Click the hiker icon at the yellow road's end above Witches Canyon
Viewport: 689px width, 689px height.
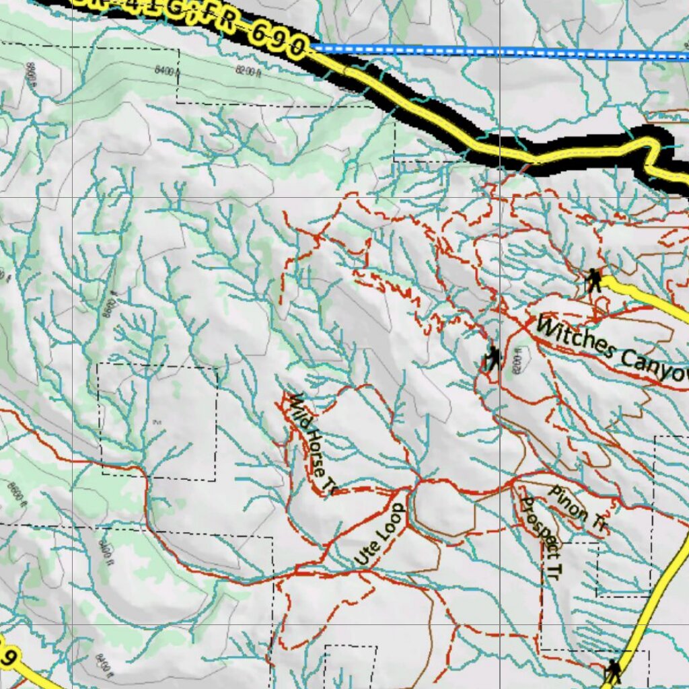tap(593, 280)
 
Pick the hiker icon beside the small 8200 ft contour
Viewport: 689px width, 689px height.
tap(493, 359)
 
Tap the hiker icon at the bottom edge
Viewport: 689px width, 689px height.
tap(612, 671)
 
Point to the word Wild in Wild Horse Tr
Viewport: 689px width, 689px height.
tap(295, 406)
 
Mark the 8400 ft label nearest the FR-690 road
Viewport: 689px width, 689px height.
tap(167, 71)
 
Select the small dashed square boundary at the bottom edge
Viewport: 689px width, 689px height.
tap(350, 666)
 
